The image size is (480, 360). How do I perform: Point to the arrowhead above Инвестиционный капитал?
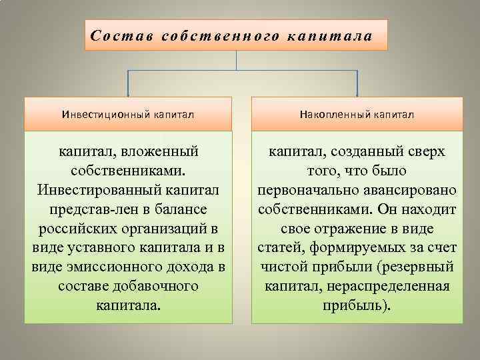click(129, 93)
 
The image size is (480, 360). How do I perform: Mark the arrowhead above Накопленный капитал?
click(357, 93)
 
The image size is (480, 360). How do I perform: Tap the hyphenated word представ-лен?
click(87, 210)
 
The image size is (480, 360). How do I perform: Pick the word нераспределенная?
click(399, 287)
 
